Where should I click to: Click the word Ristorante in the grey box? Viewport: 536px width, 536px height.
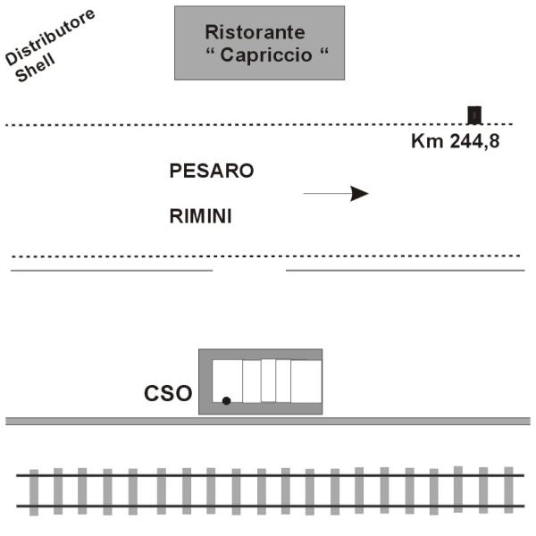click(255, 32)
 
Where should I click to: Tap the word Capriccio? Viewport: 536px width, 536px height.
click(266, 54)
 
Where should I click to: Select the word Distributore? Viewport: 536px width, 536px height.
click(50, 37)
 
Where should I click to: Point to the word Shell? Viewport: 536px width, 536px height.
click(35, 67)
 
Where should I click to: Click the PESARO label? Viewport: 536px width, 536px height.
click(212, 171)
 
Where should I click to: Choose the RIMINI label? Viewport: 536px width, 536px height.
click(201, 216)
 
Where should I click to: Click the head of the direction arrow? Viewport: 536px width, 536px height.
click(360, 194)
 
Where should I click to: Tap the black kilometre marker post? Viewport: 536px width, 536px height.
click(474, 115)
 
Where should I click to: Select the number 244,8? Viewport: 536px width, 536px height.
click(474, 141)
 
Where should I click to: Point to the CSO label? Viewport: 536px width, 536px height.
click(168, 393)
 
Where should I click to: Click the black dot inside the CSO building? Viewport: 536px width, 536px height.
click(226, 400)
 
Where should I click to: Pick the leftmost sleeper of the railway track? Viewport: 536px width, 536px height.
click(34, 492)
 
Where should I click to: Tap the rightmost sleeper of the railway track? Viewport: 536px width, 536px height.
click(508, 490)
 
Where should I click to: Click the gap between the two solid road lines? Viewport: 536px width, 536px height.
click(249, 271)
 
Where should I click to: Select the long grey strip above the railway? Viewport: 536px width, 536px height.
click(268, 421)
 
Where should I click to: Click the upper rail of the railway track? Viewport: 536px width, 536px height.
click(271, 475)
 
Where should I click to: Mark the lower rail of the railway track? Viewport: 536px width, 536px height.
click(271, 506)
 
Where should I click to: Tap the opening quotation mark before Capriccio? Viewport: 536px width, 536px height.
click(211, 52)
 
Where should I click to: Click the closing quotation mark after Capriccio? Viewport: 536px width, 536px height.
click(323, 52)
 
